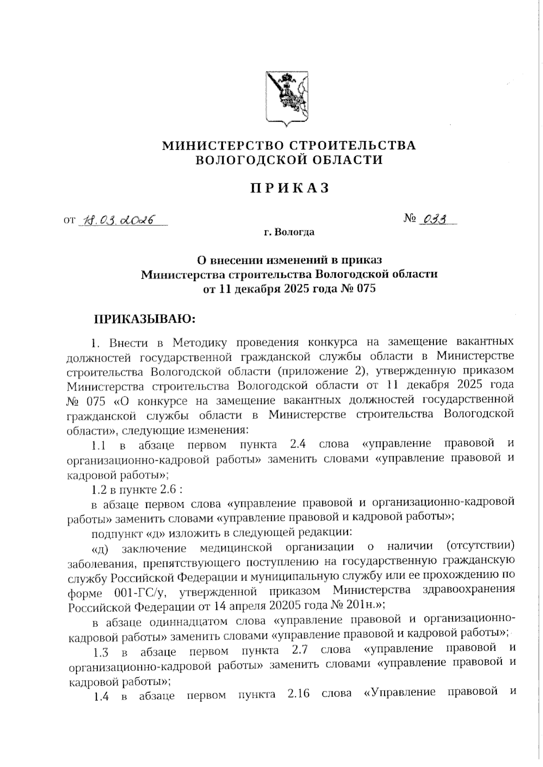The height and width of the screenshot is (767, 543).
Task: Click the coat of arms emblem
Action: [x=286, y=97]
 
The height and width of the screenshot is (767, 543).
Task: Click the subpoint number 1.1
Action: [x=99, y=446]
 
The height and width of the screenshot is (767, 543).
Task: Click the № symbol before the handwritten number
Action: [x=410, y=219]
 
